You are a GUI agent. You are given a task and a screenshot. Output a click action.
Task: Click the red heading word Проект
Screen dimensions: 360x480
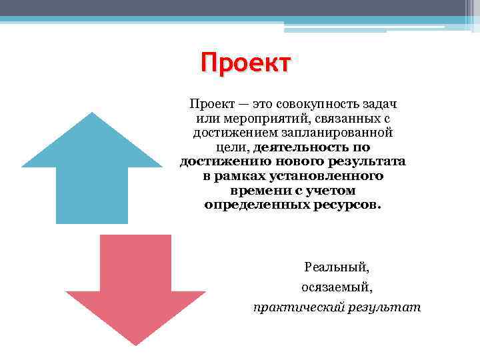[x=246, y=64]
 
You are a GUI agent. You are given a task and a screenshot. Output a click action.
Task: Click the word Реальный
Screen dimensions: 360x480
[x=336, y=267]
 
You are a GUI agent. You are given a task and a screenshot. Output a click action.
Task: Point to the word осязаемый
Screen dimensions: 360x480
[x=336, y=287]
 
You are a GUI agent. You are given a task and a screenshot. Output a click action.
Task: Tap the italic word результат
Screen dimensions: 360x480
[x=383, y=307]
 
